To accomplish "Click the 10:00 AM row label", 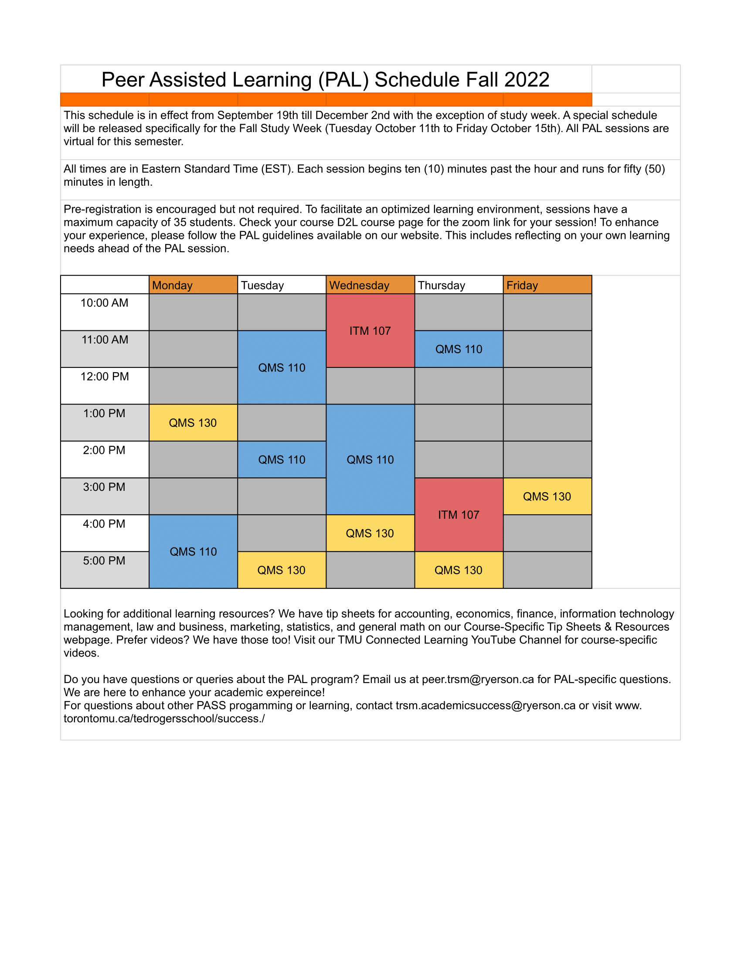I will click(105, 303).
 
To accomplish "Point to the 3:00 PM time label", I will click(105, 487).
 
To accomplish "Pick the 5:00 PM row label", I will click(105, 561).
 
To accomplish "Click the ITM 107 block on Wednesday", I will click(370, 331).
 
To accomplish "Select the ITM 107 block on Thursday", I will click(458, 515).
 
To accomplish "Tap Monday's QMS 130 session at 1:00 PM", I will click(193, 422).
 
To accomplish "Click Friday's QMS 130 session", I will click(547, 496).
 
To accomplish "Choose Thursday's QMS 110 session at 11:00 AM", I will click(458, 349).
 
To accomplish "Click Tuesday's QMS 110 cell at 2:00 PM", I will click(282, 459).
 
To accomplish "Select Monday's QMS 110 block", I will click(193, 551).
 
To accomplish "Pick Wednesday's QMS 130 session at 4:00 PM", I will click(370, 533).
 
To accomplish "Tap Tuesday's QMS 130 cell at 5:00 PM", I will click(282, 570).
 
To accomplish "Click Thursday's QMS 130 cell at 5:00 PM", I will click(458, 570).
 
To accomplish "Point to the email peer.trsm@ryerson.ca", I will click(478, 679).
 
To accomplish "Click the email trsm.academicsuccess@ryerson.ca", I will click(485, 706).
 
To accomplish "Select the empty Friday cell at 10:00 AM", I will click(547, 312).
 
